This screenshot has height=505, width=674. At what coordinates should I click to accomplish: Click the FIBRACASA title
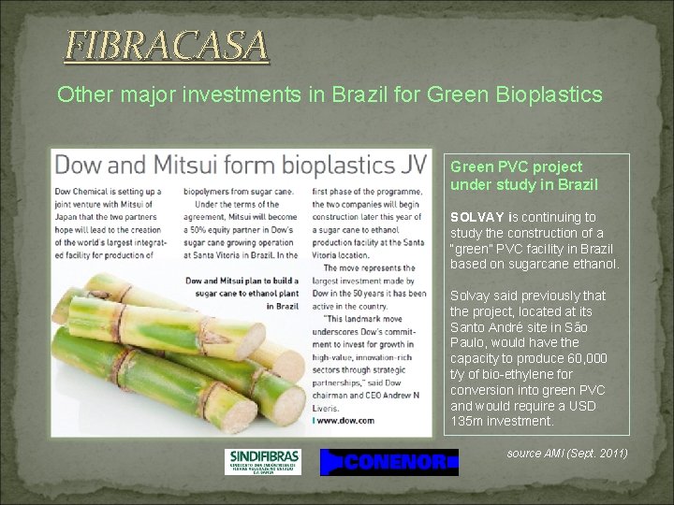[166, 45]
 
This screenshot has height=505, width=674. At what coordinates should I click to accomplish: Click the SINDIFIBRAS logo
[265, 461]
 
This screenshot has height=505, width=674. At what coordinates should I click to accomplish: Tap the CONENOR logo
[389, 462]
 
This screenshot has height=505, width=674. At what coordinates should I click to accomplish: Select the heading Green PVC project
[516, 166]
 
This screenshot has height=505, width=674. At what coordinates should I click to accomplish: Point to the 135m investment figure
[468, 422]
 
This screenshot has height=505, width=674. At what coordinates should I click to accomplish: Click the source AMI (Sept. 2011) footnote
[566, 454]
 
